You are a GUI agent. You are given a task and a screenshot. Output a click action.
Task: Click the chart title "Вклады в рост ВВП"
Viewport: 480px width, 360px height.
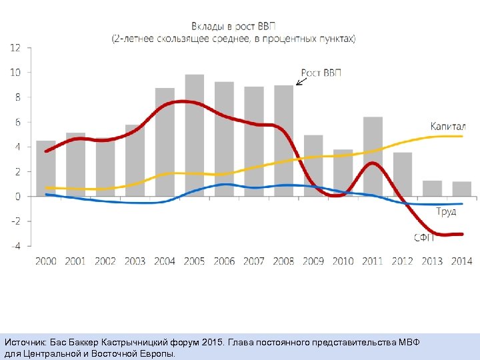pos(233,26)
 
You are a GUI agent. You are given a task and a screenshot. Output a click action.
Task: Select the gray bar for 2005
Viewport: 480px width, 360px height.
pos(194,133)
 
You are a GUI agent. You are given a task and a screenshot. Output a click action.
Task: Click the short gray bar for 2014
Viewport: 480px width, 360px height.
pos(461,189)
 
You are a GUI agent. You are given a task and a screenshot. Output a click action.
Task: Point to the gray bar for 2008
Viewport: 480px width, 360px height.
pos(283,140)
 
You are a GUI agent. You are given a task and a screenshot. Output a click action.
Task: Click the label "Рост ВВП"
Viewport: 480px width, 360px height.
pos(321,73)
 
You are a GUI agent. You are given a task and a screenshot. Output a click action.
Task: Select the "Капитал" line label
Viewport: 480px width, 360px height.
pos(447,125)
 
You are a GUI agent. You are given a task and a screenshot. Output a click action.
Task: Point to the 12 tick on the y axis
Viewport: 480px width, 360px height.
pos(15,47)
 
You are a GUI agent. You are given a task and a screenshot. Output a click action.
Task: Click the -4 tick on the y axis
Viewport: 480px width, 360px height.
pos(15,245)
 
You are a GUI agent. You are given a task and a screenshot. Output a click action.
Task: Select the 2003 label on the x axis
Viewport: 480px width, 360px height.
pos(135,261)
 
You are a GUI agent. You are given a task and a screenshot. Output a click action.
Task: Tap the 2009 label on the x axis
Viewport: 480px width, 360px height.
pos(313,261)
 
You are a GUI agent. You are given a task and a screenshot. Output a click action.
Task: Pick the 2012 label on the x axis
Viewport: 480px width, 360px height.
pos(402,261)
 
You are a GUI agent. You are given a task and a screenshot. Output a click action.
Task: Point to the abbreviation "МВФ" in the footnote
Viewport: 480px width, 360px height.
pos(406,342)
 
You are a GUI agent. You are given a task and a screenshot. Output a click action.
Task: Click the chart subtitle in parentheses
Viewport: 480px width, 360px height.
pos(233,39)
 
